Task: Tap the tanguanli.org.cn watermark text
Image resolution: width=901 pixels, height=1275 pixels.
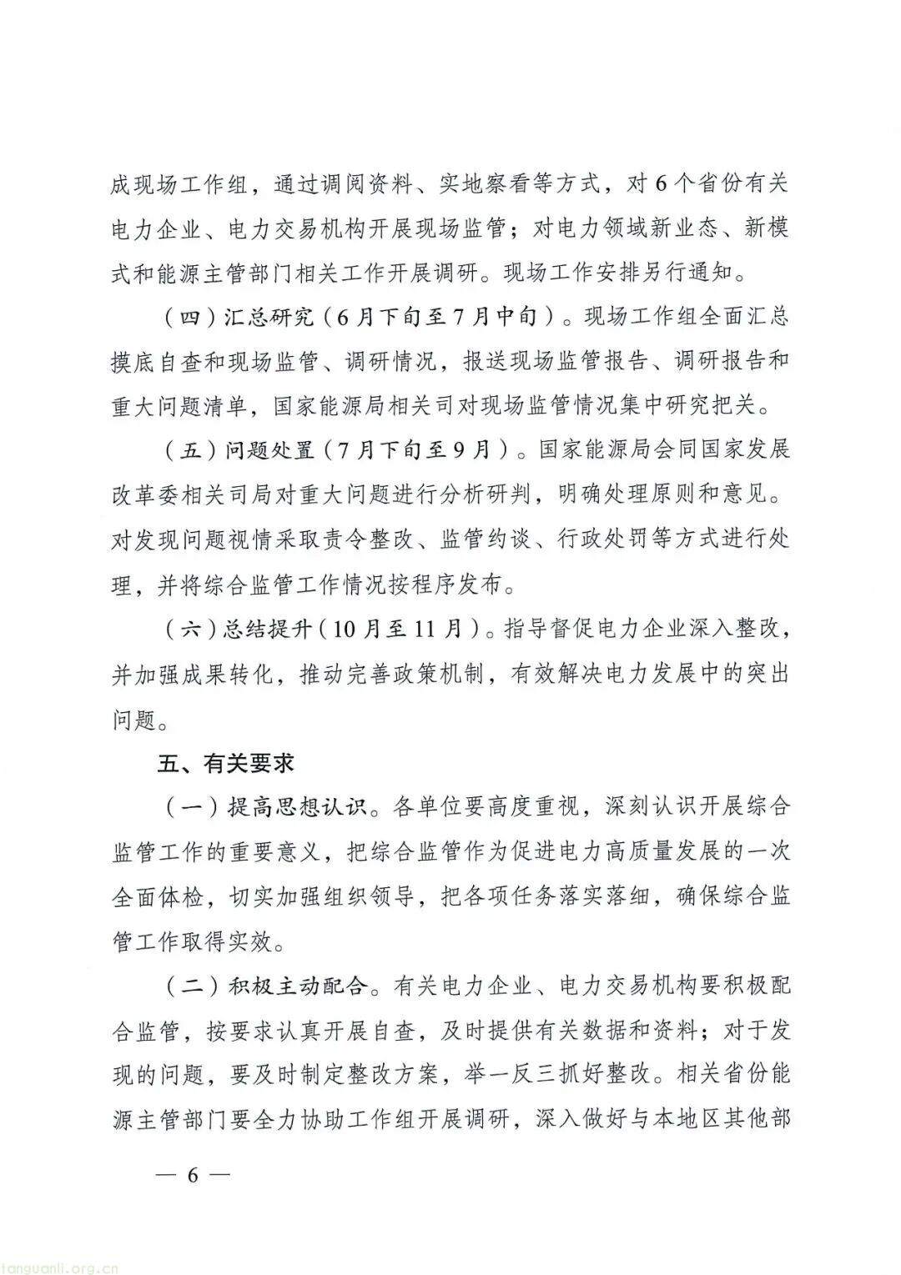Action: click(x=59, y=1265)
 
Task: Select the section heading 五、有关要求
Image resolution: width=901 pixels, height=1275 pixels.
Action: click(x=225, y=764)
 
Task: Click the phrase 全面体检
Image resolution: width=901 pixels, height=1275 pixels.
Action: click(x=158, y=898)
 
